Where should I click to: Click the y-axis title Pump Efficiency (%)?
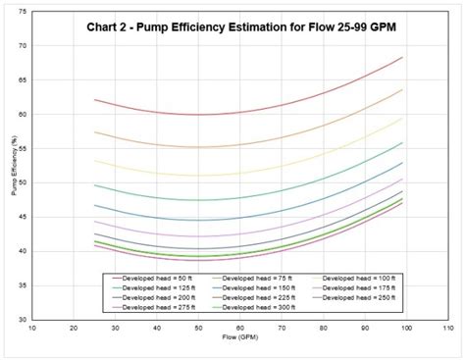[x=15, y=182]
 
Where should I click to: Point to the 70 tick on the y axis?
[x=23, y=46]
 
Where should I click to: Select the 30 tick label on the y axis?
[x=23, y=320]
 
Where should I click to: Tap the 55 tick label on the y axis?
[x=23, y=148]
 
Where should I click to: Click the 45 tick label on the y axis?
[x=23, y=217]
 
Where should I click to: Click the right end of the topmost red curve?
[x=402, y=57]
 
